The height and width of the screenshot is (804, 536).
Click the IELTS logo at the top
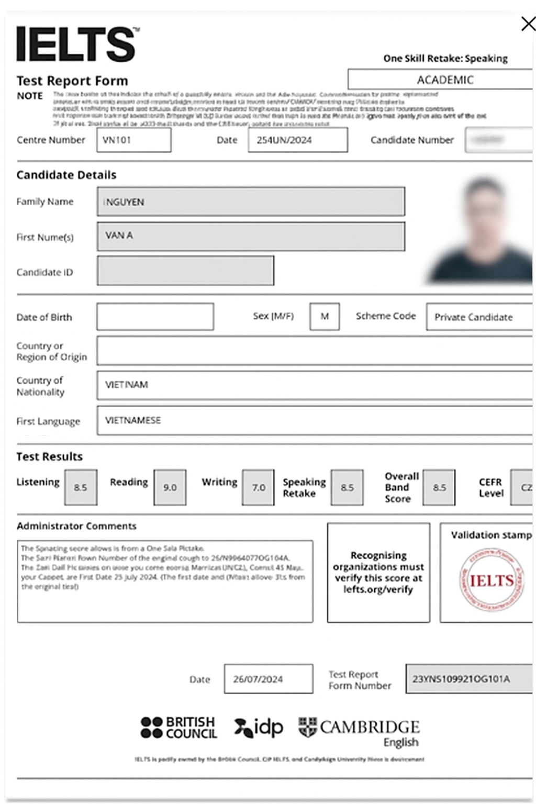(x=76, y=44)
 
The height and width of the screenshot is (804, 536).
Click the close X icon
(x=528, y=24)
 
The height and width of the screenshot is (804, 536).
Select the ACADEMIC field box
(x=445, y=80)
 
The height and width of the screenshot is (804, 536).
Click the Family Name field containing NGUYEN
(x=250, y=202)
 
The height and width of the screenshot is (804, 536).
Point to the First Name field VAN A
(x=250, y=236)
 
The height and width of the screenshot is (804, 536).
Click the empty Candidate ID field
(x=185, y=271)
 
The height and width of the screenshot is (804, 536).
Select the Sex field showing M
(x=325, y=317)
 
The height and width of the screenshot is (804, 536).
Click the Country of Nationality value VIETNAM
(x=127, y=385)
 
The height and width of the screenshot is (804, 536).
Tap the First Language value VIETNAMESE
(x=133, y=420)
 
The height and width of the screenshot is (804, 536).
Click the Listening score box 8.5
(x=81, y=487)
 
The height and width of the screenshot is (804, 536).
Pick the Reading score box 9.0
(x=170, y=487)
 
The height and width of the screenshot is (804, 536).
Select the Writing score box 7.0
(x=258, y=487)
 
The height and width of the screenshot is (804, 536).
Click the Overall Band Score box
(x=439, y=487)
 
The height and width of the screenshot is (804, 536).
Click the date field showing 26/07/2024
(x=269, y=679)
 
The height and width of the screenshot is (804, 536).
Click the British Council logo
(x=178, y=728)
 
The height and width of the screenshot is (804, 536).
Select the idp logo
(x=259, y=728)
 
